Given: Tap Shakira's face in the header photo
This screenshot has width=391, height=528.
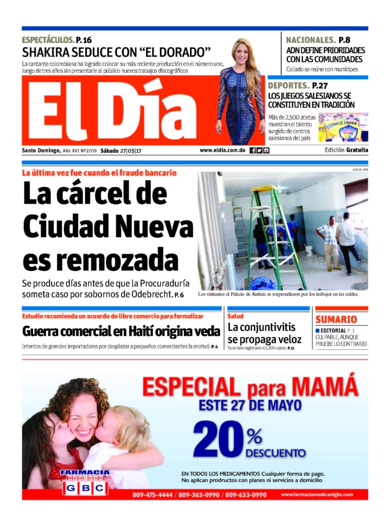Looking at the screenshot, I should click(241, 52).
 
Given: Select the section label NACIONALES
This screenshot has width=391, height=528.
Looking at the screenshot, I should click(311, 40).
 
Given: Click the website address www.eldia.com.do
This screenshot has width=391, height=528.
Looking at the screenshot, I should click(222, 151).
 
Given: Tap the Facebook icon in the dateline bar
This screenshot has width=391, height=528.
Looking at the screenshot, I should click(253, 151).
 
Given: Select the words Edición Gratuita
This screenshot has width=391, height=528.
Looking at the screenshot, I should click(347, 151).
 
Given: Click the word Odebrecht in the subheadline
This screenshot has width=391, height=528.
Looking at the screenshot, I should click(151, 294).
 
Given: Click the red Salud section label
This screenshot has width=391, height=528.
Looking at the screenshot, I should click(236, 316).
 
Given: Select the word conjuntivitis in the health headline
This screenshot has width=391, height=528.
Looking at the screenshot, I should click(262, 327).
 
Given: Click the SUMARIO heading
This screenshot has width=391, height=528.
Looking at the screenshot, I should click(336, 320).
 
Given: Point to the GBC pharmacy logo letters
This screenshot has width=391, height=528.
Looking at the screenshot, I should click(85, 488).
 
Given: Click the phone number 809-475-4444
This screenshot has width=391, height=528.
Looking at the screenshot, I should click(153, 495).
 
